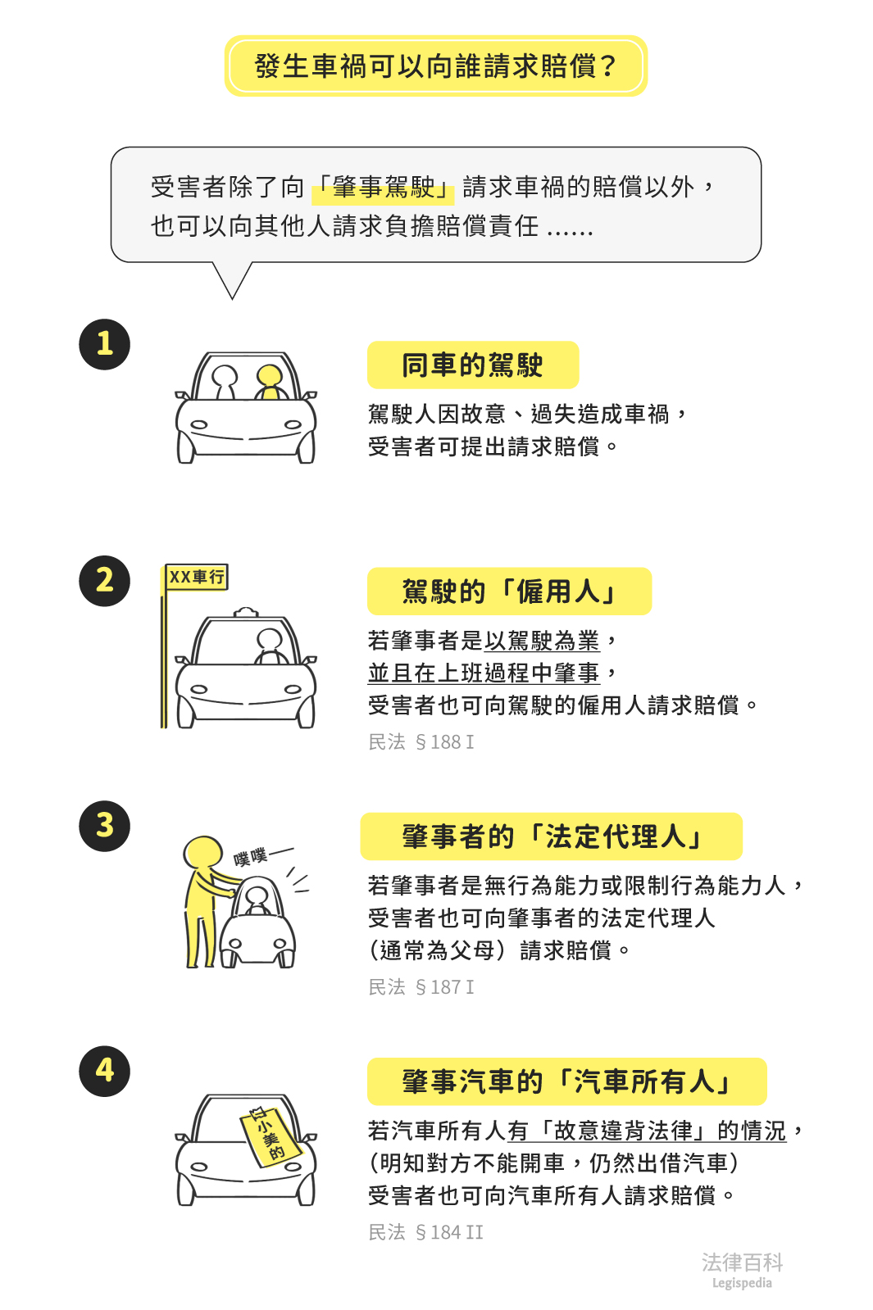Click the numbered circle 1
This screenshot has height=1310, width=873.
point(104,344)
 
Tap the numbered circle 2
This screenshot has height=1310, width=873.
point(104,581)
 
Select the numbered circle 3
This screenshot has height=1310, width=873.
point(104,826)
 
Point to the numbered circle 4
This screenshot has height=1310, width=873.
point(104,1071)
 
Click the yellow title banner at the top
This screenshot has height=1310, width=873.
point(436,66)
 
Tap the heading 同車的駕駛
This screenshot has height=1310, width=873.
point(473,365)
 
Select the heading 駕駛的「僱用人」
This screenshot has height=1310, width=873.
point(509,592)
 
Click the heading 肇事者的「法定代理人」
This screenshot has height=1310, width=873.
point(551,836)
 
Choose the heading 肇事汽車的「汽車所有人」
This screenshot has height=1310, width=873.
point(566,1081)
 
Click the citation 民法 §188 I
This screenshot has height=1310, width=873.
point(421,742)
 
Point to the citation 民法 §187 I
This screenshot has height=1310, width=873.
point(421,987)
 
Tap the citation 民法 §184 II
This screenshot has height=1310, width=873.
point(426,1232)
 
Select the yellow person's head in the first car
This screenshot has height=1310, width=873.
point(270,375)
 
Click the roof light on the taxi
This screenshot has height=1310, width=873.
point(246,612)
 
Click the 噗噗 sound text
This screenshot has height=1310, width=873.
point(251,858)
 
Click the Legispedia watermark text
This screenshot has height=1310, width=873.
point(742,1283)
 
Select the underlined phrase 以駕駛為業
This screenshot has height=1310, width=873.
point(542,641)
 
